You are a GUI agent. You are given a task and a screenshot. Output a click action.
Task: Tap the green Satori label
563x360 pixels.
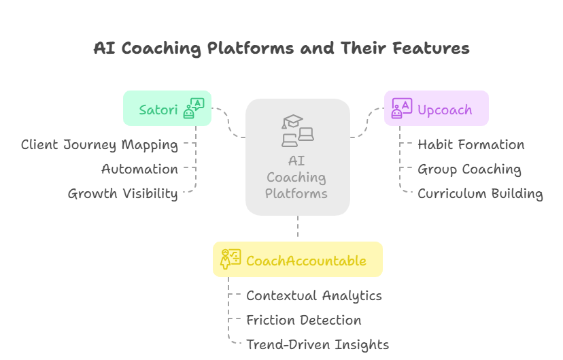click(x=158, y=110)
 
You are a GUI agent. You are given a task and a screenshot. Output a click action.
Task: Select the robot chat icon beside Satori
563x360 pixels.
click(x=194, y=109)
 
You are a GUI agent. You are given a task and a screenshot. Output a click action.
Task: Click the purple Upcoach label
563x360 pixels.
click(x=445, y=110)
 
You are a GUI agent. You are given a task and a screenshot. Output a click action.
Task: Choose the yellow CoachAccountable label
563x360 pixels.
click(x=306, y=261)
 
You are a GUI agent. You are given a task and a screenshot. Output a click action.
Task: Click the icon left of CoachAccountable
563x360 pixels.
click(x=231, y=259)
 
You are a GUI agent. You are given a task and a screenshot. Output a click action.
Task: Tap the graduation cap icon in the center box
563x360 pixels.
click(x=293, y=123)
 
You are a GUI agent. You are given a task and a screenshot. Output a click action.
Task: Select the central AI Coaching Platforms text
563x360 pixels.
click(x=296, y=178)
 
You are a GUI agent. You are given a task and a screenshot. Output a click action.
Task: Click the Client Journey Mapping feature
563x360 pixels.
click(x=99, y=145)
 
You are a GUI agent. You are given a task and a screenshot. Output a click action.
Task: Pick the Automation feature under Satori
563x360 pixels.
click(x=139, y=169)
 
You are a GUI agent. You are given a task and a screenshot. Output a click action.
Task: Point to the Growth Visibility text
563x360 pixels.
click(x=122, y=194)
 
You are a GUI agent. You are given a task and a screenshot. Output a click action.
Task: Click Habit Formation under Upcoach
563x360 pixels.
click(x=471, y=145)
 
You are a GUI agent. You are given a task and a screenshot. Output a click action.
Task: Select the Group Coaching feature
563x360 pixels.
click(x=469, y=169)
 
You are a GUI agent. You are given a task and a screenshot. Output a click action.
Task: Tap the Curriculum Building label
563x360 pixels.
click(x=480, y=194)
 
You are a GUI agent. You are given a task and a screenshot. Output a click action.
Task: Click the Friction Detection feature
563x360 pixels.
click(x=303, y=321)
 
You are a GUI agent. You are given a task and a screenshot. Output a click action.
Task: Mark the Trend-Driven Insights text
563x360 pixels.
click(x=317, y=345)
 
